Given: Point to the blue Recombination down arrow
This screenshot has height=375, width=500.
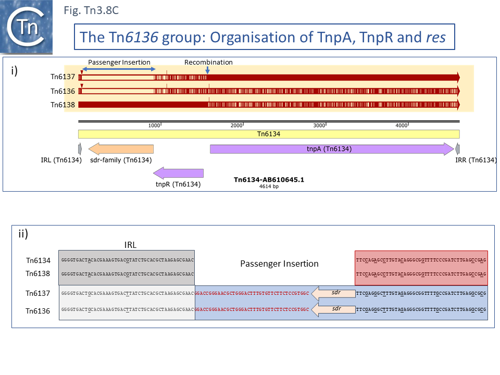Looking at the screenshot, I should (x=207, y=69).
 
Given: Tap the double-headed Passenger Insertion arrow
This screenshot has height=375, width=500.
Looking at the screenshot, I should (x=119, y=69).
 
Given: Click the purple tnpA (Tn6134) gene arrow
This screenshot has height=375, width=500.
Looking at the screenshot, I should (x=332, y=149).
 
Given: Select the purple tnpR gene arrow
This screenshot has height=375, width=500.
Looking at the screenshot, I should (x=178, y=173).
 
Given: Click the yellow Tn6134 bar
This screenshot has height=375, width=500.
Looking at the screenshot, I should (x=269, y=134).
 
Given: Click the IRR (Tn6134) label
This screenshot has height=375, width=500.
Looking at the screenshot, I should (x=476, y=160).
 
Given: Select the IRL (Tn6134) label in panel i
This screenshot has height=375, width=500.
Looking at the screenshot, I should (x=61, y=160).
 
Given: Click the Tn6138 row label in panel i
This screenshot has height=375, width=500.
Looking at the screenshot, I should (x=63, y=105).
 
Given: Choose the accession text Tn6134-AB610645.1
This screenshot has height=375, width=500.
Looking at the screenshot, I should (x=269, y=180).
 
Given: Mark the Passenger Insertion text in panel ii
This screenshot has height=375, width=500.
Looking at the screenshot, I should (x=279, y=264).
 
